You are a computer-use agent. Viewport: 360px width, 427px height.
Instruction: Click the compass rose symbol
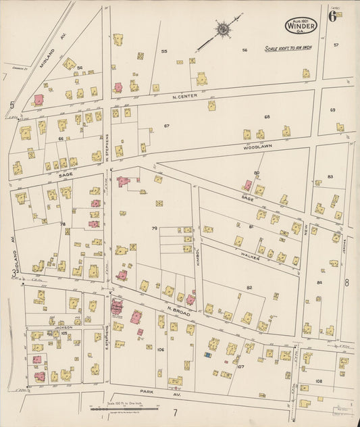point(222,29)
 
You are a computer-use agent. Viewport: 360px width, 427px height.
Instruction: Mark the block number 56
point(245,50)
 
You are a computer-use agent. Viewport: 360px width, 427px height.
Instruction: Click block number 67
point(166,126)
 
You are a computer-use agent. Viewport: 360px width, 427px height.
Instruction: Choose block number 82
point(249,288)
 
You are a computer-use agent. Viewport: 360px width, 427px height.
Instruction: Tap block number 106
point(160,349)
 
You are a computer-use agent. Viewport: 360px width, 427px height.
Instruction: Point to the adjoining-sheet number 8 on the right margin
point(347,282)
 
